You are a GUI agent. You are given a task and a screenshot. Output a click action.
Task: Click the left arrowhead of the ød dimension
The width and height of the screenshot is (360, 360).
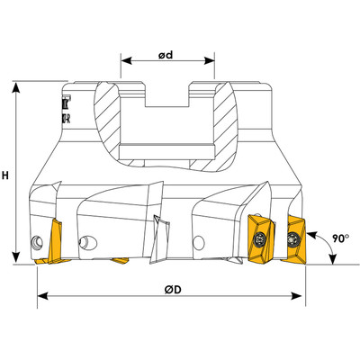pos(124,63)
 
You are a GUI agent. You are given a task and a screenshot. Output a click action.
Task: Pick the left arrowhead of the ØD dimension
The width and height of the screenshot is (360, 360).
pos(41,297)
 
